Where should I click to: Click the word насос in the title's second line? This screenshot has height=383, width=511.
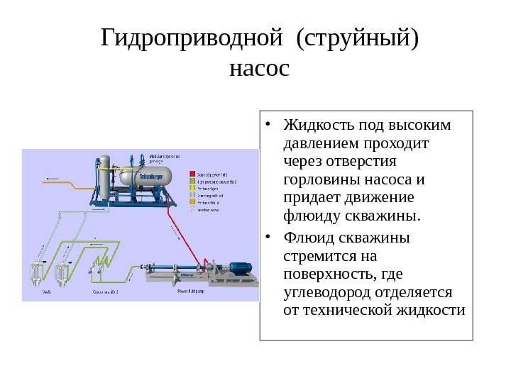[260, 69]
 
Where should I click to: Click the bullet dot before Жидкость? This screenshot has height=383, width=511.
[270, 127]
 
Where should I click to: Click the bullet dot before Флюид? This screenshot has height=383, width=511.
[270, 238]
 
